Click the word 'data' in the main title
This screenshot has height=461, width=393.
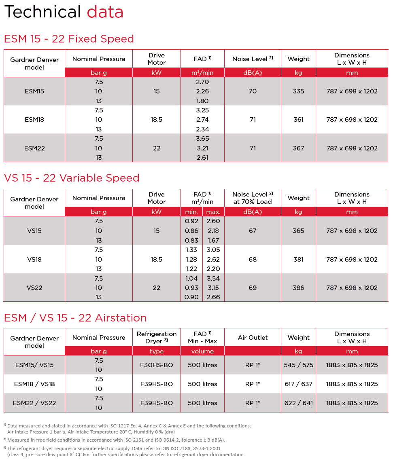click(105, 12)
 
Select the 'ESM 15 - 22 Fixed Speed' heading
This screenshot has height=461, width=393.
click(69, 39)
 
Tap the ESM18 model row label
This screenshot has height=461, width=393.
click(34, 120)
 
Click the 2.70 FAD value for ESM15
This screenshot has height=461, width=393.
click(202, 82)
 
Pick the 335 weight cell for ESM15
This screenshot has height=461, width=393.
click(298, 91)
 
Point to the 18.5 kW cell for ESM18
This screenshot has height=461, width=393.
click(157, 120)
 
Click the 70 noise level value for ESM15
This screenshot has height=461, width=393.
click(253, 91)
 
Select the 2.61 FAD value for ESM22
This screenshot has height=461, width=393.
click(202, 157)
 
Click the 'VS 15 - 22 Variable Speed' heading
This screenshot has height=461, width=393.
click(72, 178)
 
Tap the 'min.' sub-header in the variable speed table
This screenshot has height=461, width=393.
click(191, 212)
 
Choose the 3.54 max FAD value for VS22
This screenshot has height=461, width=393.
click(213, 278)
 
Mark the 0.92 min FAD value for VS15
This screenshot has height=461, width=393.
click(191, 221)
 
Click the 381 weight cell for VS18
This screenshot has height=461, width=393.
click(298, 259)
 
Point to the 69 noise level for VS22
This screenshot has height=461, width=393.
click(253, 288)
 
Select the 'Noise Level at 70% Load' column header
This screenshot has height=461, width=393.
click(253, 198)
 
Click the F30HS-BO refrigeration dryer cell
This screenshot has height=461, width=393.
click(157, 365)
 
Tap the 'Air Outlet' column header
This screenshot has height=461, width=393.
click(253, 338)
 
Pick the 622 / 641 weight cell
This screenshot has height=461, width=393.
click(298, 403)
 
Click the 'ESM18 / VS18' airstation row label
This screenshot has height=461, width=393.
click(34, 384)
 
